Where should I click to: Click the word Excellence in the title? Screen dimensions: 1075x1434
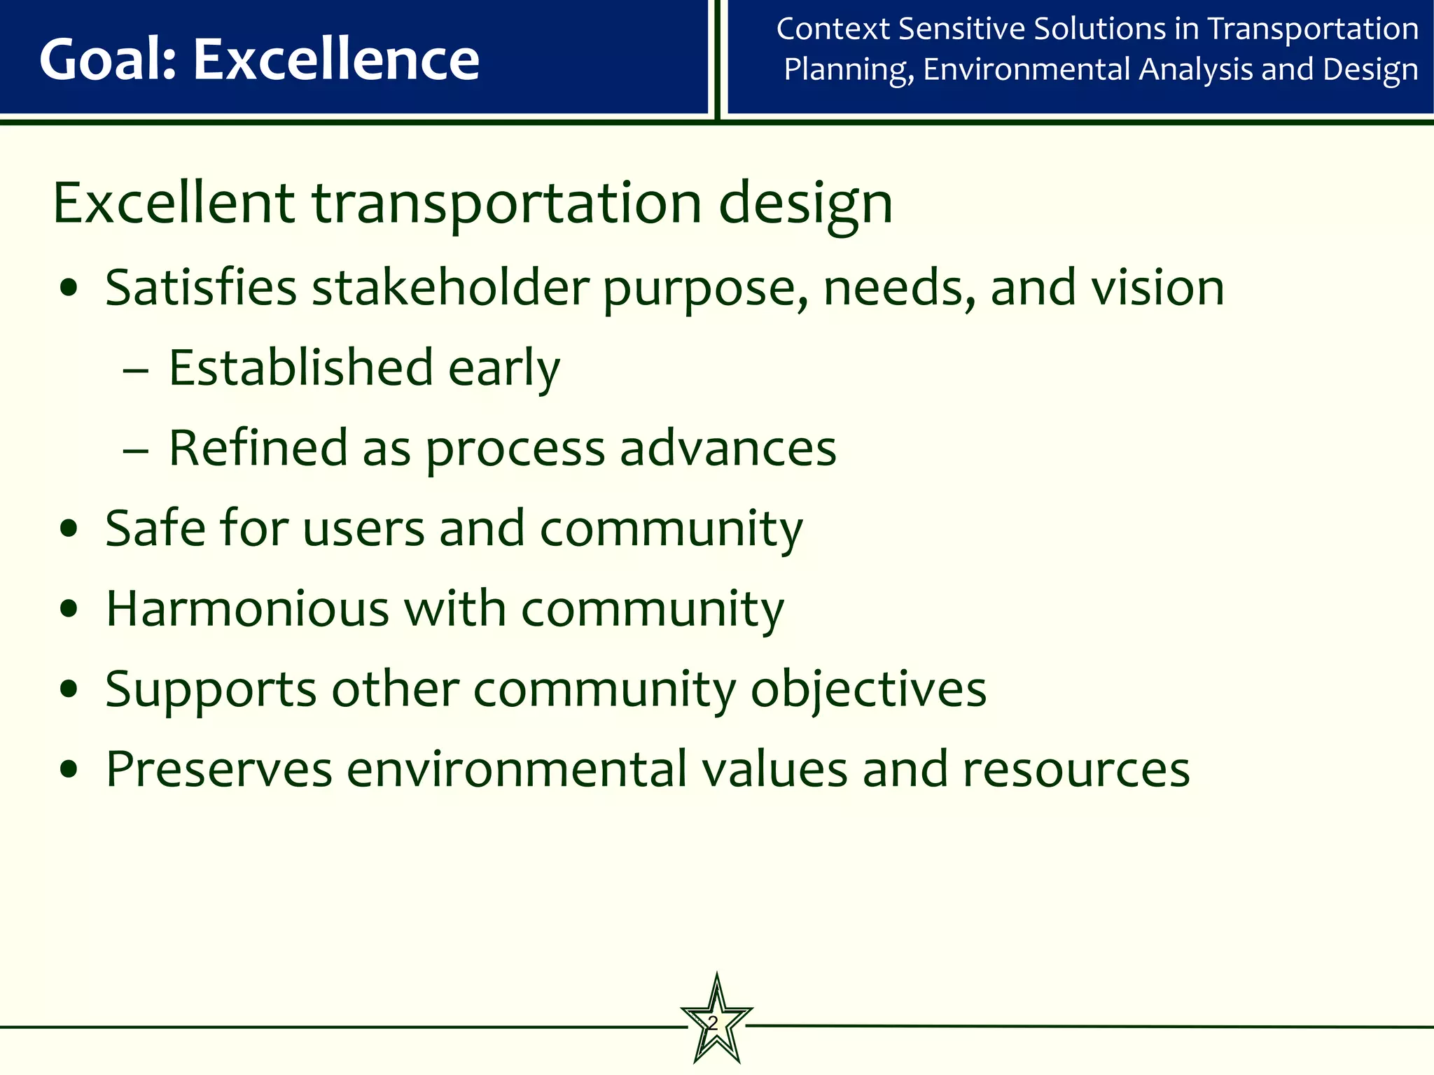pyautogui.click(x=336, y=59)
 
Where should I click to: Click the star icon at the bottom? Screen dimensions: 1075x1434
pyautogui.click(x=716, y=1021)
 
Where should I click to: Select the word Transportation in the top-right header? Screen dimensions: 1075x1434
pyautogui.click(x=1313, y=29)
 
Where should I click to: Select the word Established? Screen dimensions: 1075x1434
pyautogui.click(x=301, y=368)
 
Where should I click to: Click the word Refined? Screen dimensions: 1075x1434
pyautogui.click(x=258, y=448)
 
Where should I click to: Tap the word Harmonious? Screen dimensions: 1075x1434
pyautogui.click(x=247, y=608)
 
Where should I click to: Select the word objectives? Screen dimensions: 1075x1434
pyautogui.click(x=868, y=690)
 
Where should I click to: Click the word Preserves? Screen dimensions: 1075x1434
pyautogui.click(x=218, y=770)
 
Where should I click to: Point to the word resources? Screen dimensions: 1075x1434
pyautogui.click(x=1076, y=770)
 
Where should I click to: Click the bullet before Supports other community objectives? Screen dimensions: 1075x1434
pyautogui.click(x=69, y=690)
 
